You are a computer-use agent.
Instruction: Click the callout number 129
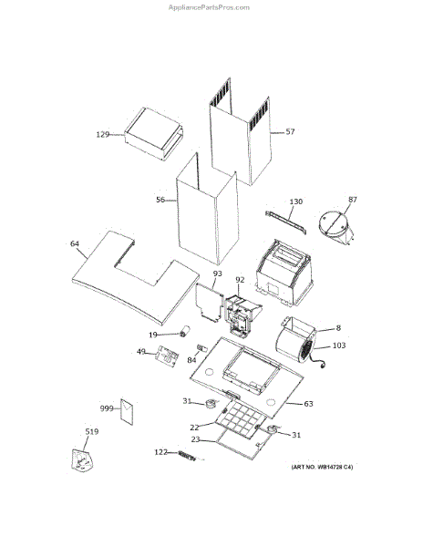[102, 134]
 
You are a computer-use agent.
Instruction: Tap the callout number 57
[290, 131]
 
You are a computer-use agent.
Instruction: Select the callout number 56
[160, 200]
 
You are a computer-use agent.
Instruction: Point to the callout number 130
[296, 201]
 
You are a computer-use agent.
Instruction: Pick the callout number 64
[75, 243]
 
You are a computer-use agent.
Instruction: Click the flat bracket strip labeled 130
[286, 222]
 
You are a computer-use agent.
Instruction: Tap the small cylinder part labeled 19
[185, 331]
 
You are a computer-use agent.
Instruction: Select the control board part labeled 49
[167, 356]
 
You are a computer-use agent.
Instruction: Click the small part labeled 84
[202, 348]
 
